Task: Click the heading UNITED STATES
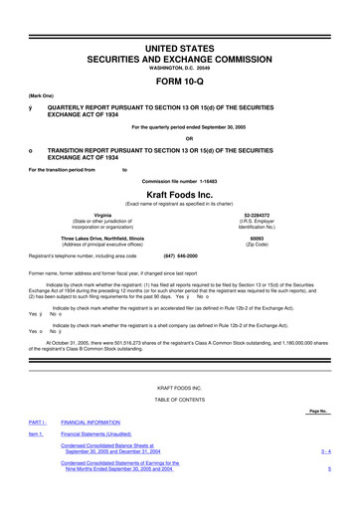pos(180,21)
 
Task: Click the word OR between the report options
pos(180,137)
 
